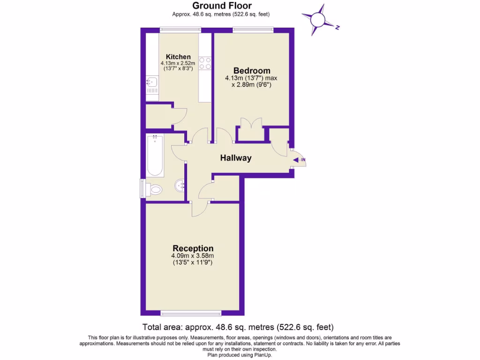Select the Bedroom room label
pyautogui.click(x=252, y=71)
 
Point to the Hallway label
pyautogui.click(x=236, y=158)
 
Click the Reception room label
pyautogui.click(x=193, y=248)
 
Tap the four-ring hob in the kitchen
pyautogui.click(x=205, y=63)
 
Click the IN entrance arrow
pyautogui.click(x=299, y=161)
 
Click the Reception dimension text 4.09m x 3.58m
pyautogui.click(x=193, y=256)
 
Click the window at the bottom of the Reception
pyautogui.click(x=190, y=313)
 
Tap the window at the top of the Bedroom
pyautogui.click(x=253, y=30)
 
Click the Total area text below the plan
pyautogui.click(x=238, y=327)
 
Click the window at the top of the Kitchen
pyautogui.click(x=180, y=30)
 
